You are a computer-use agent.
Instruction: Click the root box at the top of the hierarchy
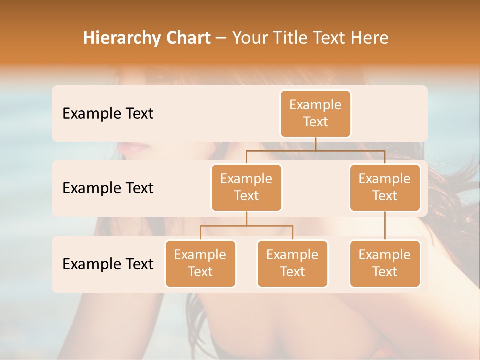point(315,113)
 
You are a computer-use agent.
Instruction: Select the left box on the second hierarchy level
point(246,187)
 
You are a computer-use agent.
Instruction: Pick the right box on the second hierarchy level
point(385,187)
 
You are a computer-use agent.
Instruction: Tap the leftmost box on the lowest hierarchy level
point(200,263)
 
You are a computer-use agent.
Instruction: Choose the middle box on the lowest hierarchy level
point(292,263)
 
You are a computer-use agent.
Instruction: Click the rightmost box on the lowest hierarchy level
point(385,263)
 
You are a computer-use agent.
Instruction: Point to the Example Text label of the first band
point(108,113)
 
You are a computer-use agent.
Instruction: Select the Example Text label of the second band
point(108,188)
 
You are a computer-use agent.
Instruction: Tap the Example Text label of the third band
point(108,264)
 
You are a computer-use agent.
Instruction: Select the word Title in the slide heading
point(287,38)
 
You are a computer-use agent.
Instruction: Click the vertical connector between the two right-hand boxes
point(385,226)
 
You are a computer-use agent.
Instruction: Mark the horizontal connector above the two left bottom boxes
point(246,226)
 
